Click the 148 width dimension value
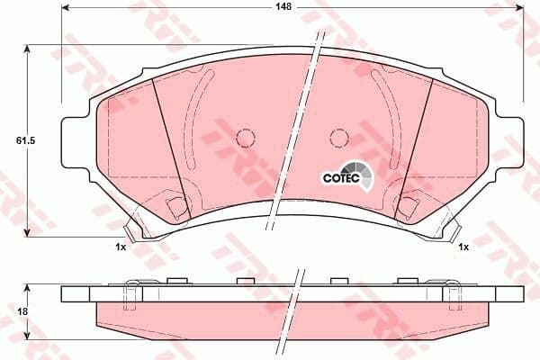[284, 6]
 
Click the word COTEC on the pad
[340, 178]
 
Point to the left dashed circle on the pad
[245, 138]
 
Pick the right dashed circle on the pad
[338, 138]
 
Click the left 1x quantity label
[120, 247]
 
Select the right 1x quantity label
[463, 247]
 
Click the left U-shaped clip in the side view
[131, 293]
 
